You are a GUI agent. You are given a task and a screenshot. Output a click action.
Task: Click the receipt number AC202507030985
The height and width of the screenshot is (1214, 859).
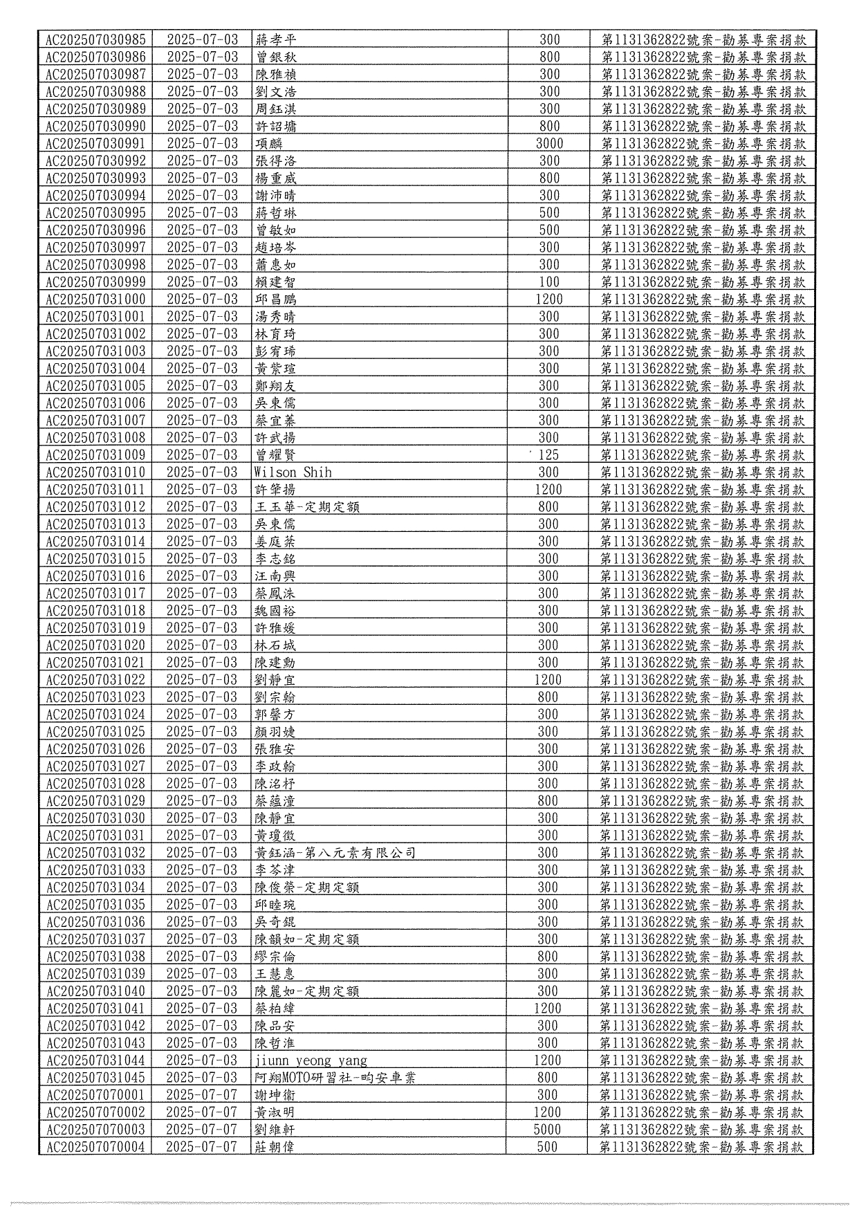95,39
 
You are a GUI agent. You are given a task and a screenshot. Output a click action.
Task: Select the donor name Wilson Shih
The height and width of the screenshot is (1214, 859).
293,472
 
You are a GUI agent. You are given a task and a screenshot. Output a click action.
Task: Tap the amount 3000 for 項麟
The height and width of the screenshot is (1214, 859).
549,144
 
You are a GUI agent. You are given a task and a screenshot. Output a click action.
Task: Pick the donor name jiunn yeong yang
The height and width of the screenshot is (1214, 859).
311,1060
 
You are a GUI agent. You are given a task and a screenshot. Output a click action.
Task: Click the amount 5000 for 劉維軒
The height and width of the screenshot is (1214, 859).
547,1130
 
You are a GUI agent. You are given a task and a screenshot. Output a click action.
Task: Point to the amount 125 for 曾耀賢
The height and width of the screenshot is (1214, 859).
548,455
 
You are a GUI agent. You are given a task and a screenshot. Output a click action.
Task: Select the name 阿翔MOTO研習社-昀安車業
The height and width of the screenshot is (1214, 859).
335,1078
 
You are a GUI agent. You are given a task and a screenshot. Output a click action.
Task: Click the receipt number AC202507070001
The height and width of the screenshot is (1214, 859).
95,1095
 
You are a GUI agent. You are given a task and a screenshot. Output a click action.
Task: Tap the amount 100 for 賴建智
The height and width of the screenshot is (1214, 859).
549,282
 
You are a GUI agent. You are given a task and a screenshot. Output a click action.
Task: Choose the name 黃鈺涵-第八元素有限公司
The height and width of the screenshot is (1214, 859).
335,853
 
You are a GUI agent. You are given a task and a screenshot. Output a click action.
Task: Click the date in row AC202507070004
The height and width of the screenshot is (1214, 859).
202,1147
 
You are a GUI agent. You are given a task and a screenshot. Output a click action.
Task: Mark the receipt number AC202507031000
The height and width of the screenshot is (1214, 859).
95,300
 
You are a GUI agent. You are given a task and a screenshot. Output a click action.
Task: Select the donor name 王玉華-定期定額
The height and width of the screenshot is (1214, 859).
307,507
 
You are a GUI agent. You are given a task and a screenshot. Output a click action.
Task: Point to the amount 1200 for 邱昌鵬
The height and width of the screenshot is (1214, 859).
549,300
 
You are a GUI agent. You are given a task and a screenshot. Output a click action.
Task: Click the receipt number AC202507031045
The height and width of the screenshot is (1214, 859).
95,1078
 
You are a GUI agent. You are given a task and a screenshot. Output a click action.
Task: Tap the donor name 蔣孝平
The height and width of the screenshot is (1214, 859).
275,39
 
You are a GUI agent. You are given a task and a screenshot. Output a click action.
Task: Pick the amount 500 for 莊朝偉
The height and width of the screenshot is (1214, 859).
547,1147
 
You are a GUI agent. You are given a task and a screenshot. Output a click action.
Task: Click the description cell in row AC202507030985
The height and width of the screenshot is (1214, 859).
703,39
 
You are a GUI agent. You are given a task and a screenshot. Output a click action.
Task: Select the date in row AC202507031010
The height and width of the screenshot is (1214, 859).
202,472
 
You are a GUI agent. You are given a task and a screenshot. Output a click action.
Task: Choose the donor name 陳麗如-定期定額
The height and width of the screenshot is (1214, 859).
307,991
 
